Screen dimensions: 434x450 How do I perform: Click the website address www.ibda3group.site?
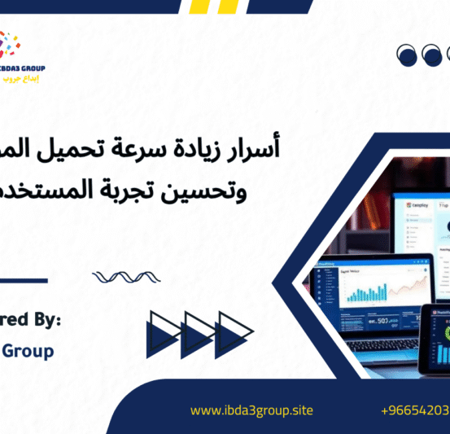tap(251, 410)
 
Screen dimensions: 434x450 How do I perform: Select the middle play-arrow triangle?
tap(199, 333)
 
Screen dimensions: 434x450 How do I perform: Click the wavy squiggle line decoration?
tap(120, 278)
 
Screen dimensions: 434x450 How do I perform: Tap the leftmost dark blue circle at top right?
tap(407, 55)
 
